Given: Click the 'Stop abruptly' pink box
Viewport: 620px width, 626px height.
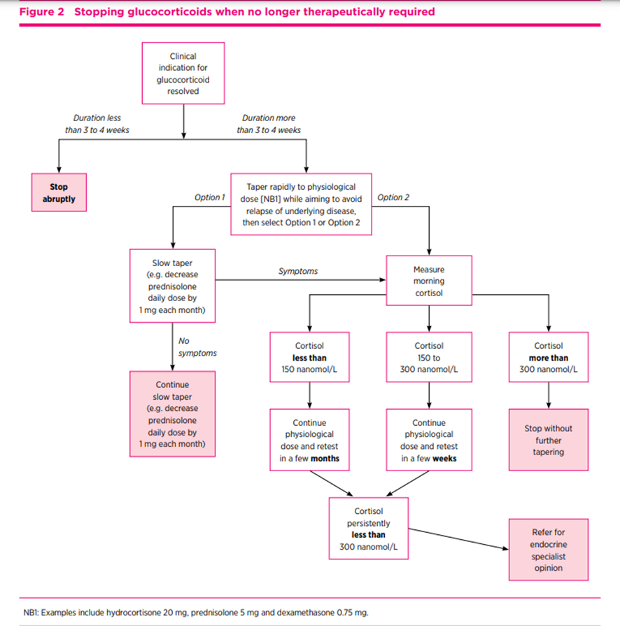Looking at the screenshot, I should [x=58, y=193].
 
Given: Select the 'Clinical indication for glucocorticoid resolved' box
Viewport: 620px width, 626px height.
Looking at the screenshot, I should [x=183, y=74].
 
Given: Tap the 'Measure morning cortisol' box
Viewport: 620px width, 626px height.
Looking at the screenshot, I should [x=429, y=281].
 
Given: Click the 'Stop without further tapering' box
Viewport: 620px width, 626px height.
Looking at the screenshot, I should [x=548, y=440].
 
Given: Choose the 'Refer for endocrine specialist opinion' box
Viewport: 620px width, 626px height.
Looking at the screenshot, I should [x=548, y=550].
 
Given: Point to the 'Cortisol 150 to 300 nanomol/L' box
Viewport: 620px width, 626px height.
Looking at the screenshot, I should [x=429, y=358].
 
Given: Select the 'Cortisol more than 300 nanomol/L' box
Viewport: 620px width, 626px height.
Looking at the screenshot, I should [x=548, y=358].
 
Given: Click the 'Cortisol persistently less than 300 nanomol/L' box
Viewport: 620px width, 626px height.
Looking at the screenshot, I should [x=369, y=529].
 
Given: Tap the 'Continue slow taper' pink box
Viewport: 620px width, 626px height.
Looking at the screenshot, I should [x=172, y=414].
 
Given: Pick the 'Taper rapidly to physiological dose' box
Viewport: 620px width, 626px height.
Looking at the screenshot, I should [x=301, y=204].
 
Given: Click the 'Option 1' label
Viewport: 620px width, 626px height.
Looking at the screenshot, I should [x=209, y=197].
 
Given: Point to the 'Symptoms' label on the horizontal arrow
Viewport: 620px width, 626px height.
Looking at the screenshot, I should [x=298, y=271].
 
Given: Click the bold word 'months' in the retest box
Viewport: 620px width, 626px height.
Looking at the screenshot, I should [x=325, y=459].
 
